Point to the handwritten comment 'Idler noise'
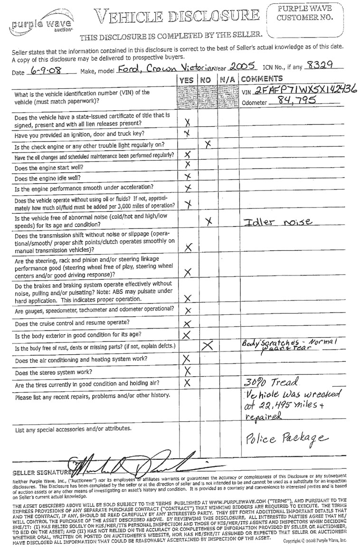click(x=277, y=221)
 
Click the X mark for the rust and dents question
click(x=208, y=346)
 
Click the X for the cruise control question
click(x=187, y=323)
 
